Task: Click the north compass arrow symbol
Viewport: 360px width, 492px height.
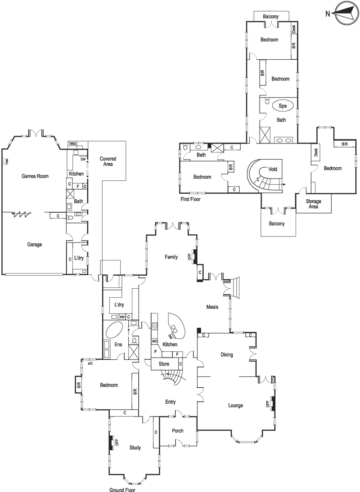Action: click(x=346, y=13)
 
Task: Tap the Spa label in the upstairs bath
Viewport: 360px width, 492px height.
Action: click(x=283, y=106)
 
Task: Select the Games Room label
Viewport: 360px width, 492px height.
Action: click(x=35, y=176)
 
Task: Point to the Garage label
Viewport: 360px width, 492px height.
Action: click(x=35, y=245)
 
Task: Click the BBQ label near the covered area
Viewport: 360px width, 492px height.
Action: click(x=73, y=143)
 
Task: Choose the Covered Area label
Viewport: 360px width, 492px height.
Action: click(x=108, y=161)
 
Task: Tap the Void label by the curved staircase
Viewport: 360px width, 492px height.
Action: click(x=273, y=169)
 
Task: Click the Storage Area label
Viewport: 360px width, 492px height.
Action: click(x=314, y=204)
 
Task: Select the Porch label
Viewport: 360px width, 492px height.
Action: click(x=178, y=431)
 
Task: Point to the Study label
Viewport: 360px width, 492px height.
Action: click(x=135, y=448)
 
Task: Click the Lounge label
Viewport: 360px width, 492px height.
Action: click(x=235, y=405)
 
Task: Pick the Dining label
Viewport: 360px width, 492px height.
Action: click(x=227, y=354)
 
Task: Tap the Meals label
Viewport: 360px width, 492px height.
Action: click(x=212, y=307)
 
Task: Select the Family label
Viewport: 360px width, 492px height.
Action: click(x=171, y=257)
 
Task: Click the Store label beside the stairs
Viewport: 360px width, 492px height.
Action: click(x=164, y=364)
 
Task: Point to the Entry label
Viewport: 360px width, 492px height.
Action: click(x=171, y=402)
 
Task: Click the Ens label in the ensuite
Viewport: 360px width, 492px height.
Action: click(x=118, y=344)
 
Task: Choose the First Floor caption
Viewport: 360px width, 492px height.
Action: click(x=190, y=199)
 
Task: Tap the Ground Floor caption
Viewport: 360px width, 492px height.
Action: click(x=122, y=489)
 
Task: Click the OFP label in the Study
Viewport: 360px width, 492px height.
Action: click(x=117, y=443)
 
